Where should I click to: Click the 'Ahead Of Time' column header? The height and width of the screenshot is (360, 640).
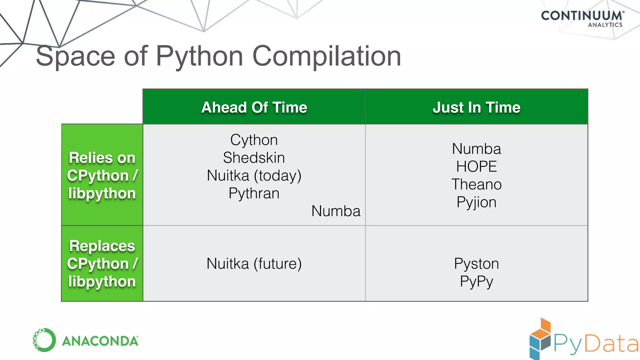pos(254,107)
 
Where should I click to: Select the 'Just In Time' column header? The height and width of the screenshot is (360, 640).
pos(476,107)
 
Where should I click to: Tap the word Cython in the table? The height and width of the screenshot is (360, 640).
pos(254,140)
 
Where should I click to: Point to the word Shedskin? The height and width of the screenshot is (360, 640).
pos(254,157)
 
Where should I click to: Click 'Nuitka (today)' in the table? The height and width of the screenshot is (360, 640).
pos(254,175)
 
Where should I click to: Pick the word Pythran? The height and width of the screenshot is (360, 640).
pos(254,193)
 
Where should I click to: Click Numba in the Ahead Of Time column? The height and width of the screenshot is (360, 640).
pos(336,211)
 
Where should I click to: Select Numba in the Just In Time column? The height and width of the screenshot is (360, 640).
pos(476,149)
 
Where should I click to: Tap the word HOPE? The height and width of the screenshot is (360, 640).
pos(476,167)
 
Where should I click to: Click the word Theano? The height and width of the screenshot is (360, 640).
pos(476,184)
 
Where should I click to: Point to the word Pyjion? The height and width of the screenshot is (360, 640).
pos(476,202)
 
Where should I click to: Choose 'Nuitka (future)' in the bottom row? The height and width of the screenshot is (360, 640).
pos(254,263)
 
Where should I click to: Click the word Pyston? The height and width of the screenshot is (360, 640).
pos(476,263)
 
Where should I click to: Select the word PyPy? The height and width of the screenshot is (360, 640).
pos(476,281)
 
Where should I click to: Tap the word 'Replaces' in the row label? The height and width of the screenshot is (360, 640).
pos(102,246)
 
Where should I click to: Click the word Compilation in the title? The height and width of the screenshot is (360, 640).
pos(326,56)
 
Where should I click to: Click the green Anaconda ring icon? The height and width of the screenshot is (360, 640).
pos(44,340)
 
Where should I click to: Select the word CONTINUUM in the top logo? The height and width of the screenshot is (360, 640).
pos(581,16)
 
